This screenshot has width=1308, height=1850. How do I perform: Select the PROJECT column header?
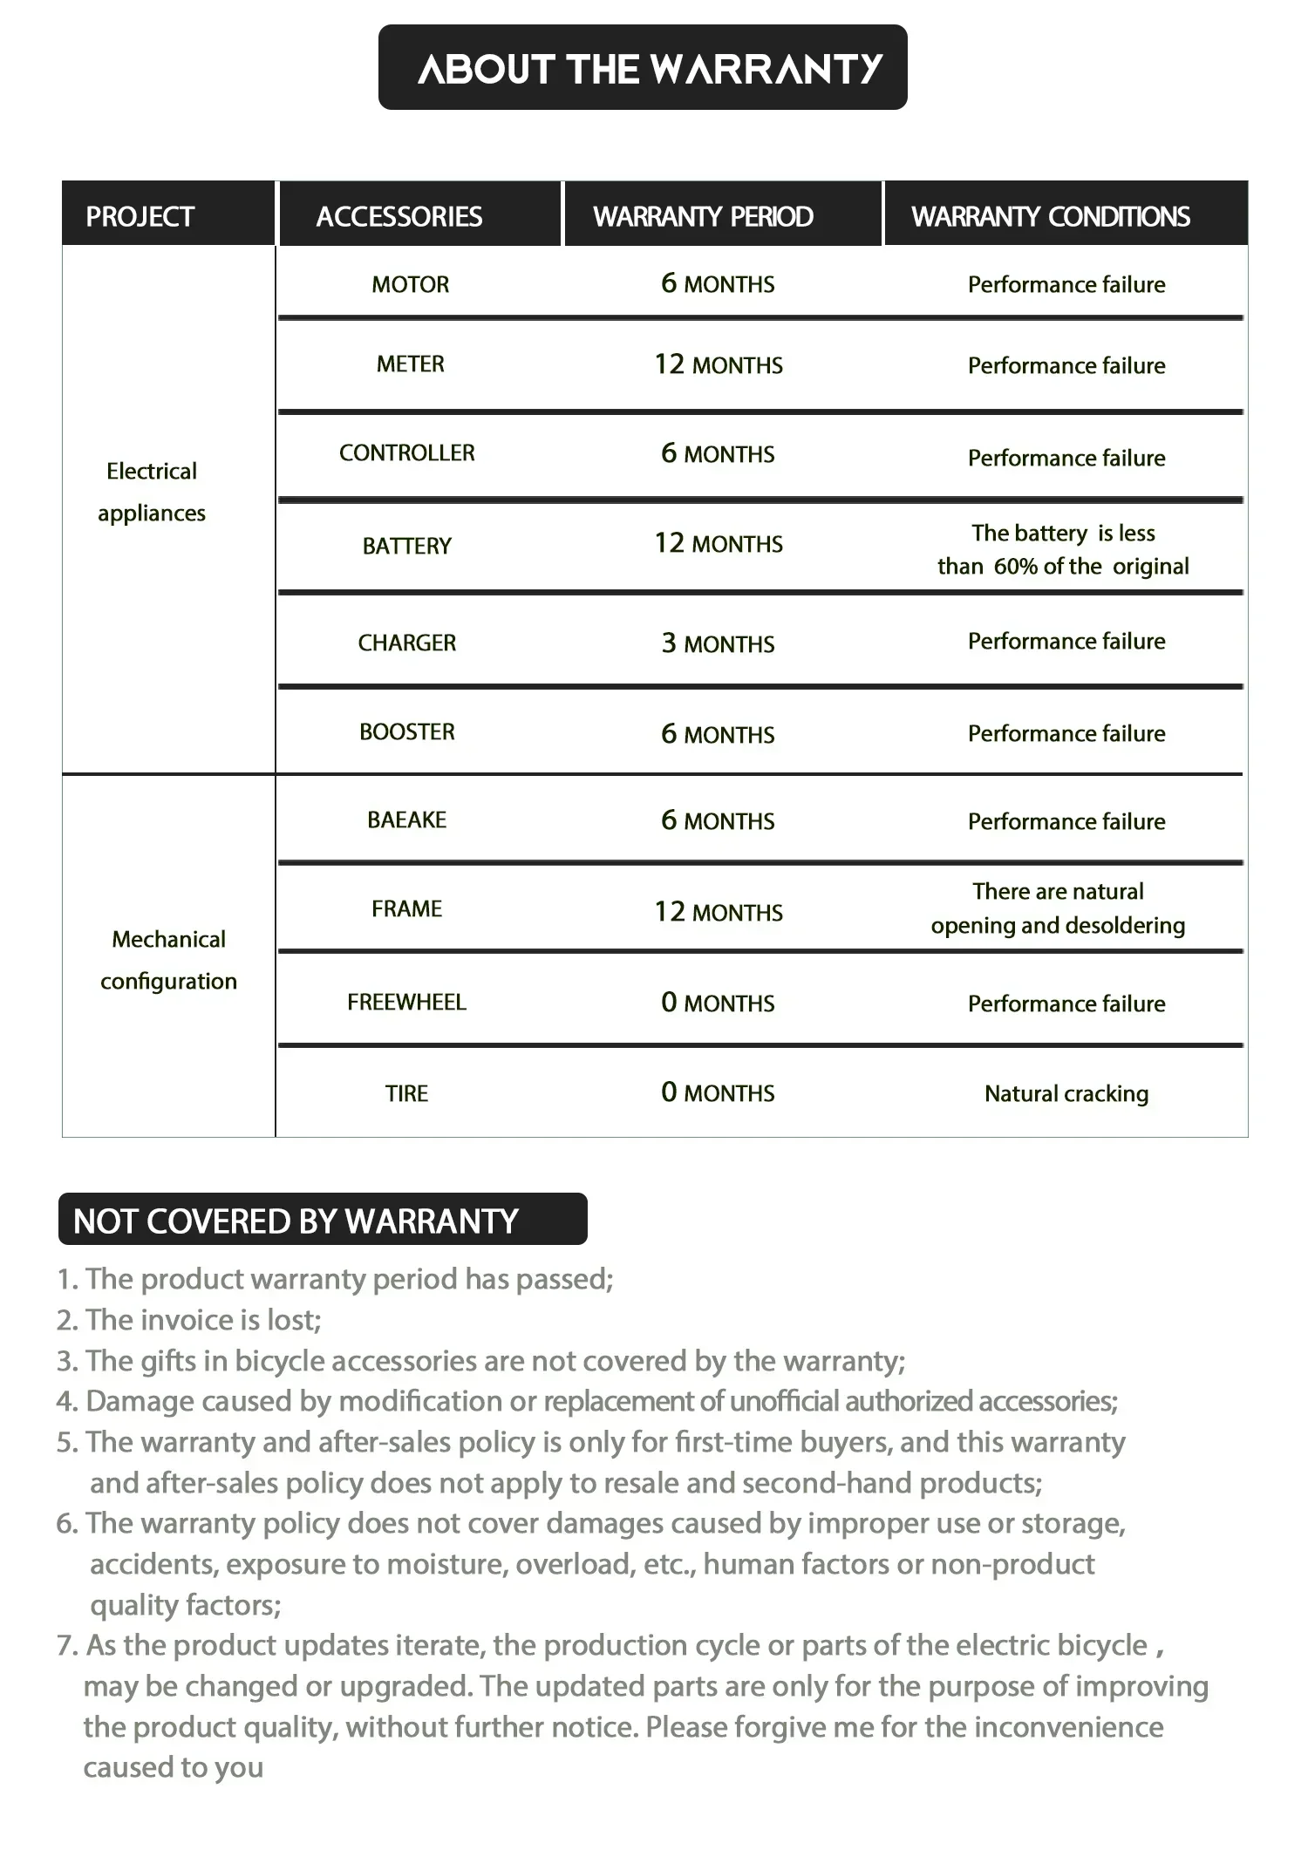[x=140, y=216]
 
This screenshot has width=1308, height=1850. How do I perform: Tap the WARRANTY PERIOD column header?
[x=703, y=216]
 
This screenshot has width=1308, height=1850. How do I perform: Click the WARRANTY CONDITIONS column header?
[x=1051, y=216]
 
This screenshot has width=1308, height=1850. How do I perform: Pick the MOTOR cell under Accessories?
[x=410, y=284]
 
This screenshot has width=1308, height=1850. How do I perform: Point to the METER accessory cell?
[x=410, y=364]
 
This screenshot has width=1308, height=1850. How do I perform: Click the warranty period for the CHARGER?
[x=718, y=643]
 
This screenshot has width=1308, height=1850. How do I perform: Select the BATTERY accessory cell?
[x=407, y=546]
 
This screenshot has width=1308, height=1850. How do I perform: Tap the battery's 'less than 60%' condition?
[x=1063, y=549]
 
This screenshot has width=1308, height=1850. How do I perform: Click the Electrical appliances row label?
[x=152, y=492]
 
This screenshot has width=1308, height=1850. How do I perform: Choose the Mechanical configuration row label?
[x=168, y=960]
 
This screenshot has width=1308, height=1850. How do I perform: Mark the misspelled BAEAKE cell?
[x=407, y=820]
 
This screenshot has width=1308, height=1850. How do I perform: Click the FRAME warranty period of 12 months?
[x=719, y=912]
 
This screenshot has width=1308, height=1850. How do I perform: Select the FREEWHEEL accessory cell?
[x=407, y=1003]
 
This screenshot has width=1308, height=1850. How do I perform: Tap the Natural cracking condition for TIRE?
[x=1066, y=1093]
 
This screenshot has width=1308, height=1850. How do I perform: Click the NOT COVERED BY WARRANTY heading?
[x=296, y=1221]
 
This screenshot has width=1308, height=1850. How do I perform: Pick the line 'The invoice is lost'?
[x=189, y=1320]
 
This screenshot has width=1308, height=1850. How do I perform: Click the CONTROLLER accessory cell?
[x=407, y=453]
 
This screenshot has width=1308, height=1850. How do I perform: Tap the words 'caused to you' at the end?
[x=174, y=1767]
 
